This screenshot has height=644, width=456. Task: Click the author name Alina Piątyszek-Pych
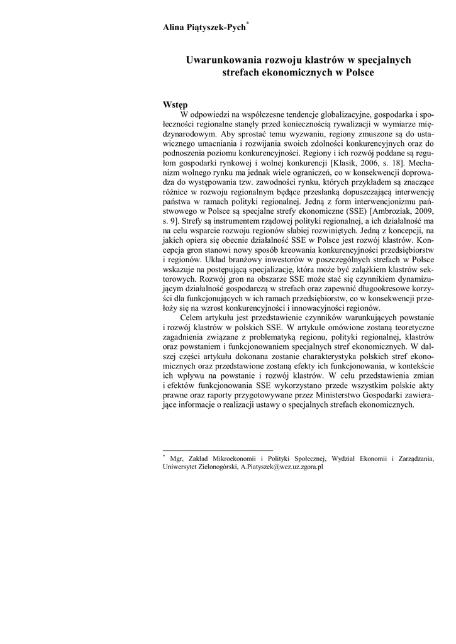coord(204,28)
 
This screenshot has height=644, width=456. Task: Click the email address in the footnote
coord(282,467)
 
